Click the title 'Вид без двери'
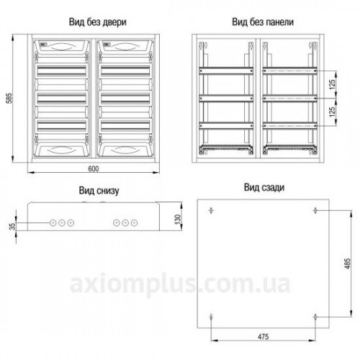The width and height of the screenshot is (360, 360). pos(97,22)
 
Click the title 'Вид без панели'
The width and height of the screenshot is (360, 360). pos(263,22)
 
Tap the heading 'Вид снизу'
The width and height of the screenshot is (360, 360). pos(99,191)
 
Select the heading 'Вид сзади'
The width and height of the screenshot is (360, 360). pos(264,187)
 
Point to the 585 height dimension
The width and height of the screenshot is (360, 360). pos(9,98)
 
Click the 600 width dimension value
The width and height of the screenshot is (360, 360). pos(94,169)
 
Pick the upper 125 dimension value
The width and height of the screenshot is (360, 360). pos(332,84)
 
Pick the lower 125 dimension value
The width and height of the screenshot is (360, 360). pos(332,112)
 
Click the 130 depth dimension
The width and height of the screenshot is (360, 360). pos(178,220)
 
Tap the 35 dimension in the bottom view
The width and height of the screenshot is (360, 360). pos(12,226)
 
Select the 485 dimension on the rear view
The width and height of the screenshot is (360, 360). pos(347,264)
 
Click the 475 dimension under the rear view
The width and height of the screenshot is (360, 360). pos(264,337)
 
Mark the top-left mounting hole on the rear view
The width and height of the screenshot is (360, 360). pos(211,210)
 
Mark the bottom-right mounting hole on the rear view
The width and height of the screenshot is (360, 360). pos(315,317)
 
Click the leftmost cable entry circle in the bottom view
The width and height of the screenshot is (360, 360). pos(53,223)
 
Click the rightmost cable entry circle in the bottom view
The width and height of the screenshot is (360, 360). pos(134,223)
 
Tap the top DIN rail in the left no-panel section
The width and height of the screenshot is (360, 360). pos(226,71)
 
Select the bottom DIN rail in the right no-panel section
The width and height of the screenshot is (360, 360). pos(290,126)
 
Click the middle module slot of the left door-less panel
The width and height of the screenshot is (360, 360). pos(62,99)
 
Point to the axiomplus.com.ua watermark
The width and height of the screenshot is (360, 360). pos(180,284)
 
